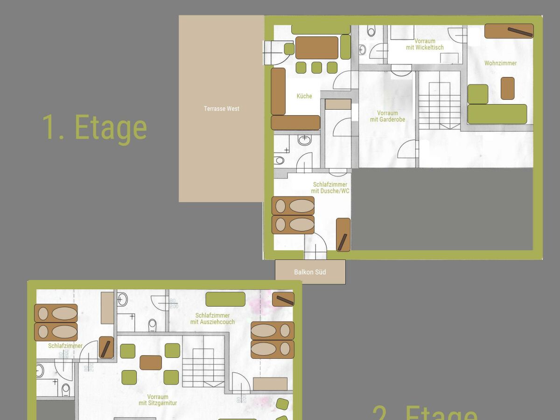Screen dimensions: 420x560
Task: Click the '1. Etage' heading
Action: [x=95, y=127]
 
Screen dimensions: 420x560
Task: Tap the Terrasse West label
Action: [x=221, y=109]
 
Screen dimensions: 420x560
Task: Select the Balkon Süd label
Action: [x=310, y=272]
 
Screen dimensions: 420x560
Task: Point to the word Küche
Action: [x=304, y=96]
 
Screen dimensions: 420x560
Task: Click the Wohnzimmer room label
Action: [x=500, y=63]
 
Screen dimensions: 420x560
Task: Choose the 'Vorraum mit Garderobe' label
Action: [x=387, y=116]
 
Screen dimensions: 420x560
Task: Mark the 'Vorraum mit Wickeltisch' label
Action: [x=425, y=44]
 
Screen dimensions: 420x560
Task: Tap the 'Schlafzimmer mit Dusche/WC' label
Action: [x=330, y=188]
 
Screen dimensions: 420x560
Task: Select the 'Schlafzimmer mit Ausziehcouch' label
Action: [x=212, y=319]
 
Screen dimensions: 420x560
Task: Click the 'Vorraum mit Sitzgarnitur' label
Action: [x=158, y=400]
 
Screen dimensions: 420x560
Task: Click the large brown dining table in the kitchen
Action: [x=317, y=48]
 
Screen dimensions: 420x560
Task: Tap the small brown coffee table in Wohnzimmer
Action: [x=507, y=88]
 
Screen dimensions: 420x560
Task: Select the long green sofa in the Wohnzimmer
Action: [x=497, y=114]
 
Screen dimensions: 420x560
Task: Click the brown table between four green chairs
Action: [x=150, y=363]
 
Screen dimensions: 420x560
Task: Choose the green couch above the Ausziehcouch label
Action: [x=225, y=299]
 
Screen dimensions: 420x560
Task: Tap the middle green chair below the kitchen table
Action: [x=316, y=68]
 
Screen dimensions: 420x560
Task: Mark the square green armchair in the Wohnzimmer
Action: [x=477, y=94]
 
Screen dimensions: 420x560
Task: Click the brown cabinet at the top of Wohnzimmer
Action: [x=509, y=31]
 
